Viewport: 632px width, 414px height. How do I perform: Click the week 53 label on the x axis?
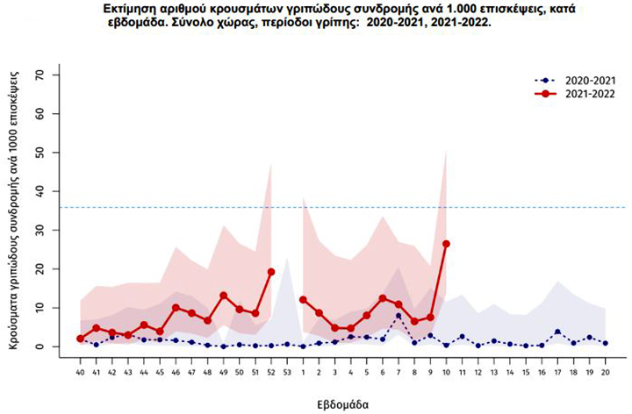click(x=286, y=372)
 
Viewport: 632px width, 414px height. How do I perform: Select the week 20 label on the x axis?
click(x=605, y=372)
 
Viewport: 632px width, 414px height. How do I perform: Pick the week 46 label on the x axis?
click(x=176, y=372)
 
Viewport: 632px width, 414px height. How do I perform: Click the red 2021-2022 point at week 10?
click(x=446, y=244)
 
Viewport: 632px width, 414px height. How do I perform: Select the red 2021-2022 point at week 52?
click(x=270, y=272)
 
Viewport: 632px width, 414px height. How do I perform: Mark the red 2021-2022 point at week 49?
click(x=223, y=296)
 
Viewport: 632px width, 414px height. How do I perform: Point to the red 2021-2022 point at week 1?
click(x=303, y=299)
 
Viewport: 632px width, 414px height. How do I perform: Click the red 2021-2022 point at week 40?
click(x=80, y=339)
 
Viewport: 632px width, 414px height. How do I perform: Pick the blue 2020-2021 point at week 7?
click(x=399, y=316)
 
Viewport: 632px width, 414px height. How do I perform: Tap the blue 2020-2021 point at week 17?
click(x=557, y=332)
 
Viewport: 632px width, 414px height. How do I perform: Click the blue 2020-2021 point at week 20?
click(x=605, y=344)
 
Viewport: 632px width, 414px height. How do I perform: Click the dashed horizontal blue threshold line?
click(x=351, y=207)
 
